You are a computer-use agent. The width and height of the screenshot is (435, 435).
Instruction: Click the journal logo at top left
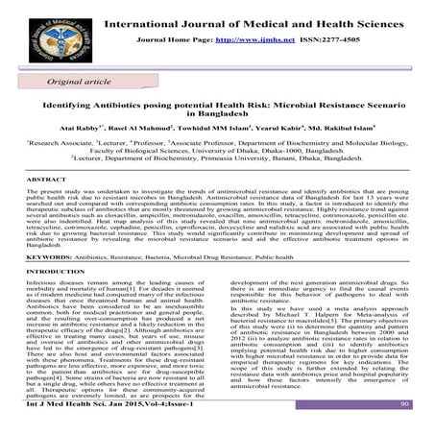48,34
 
